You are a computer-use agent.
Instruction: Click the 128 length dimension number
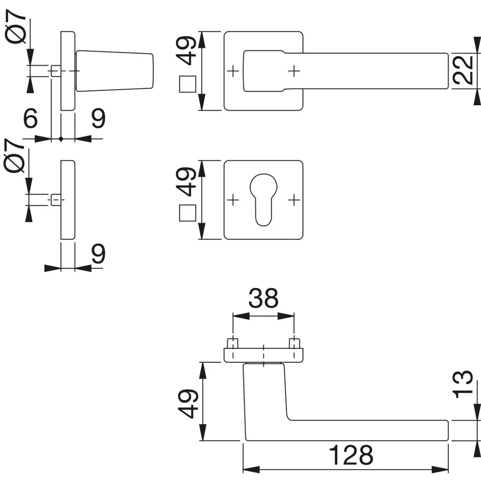tap(351, 455)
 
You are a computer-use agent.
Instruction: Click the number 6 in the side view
tap(30, 119)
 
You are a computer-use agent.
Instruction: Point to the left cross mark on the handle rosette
tap(233, 71)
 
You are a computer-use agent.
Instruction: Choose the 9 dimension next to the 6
tap(98, 119)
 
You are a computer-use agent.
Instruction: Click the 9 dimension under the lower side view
tap(98, 254)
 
